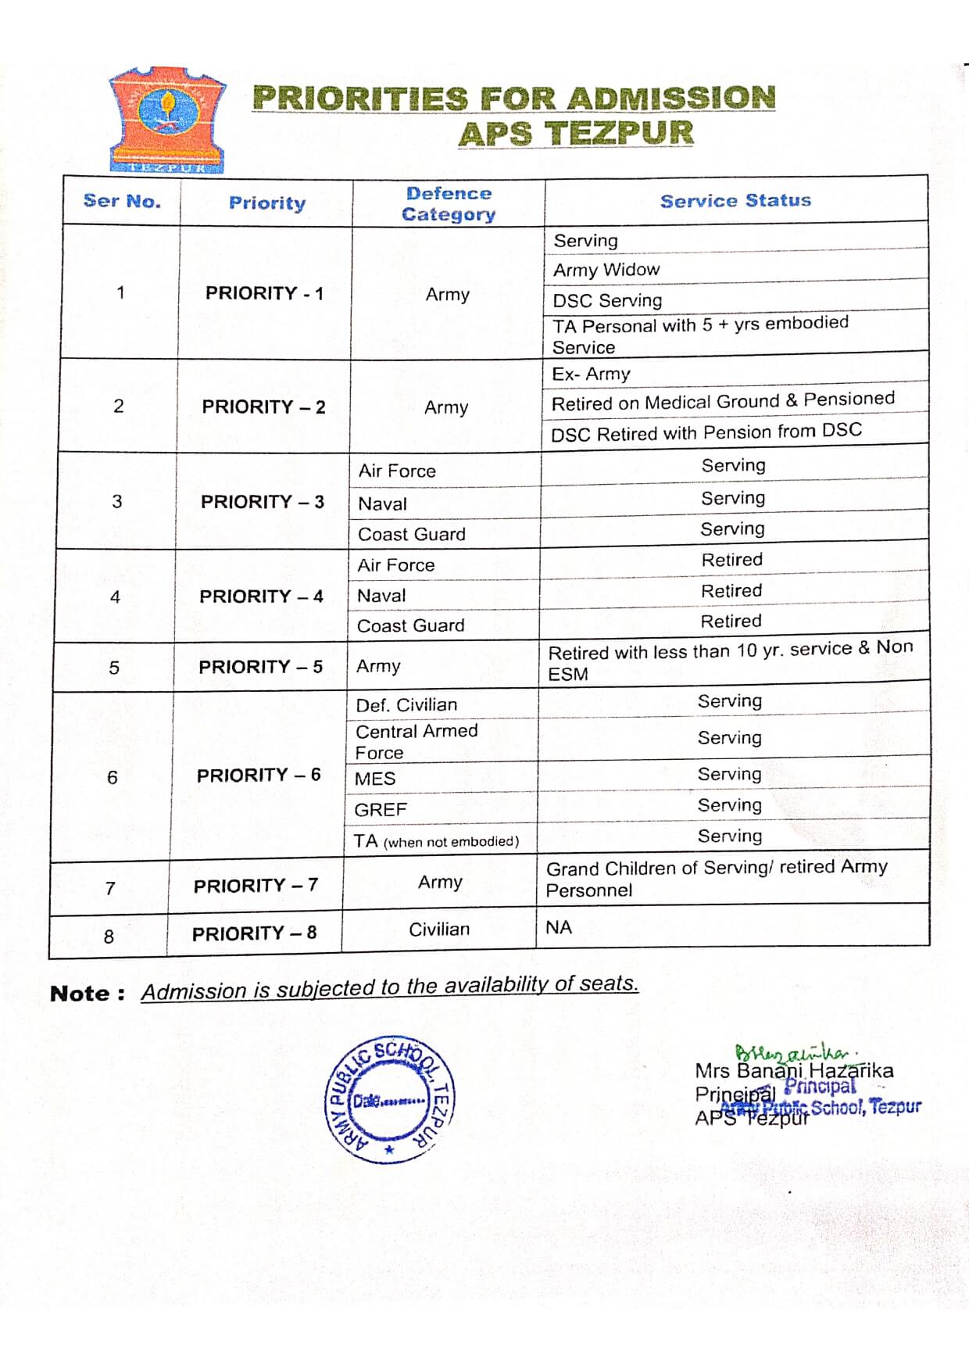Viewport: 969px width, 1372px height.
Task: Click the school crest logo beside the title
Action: [x=167, y=120]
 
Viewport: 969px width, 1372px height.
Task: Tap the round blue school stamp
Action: [x=389, y=1101]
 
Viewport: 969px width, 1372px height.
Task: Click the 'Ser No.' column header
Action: [x=122, y=201]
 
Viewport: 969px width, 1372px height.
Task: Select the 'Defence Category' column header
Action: [x=449, y=204]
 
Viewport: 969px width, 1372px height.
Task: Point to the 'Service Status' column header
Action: [x=735, y=201]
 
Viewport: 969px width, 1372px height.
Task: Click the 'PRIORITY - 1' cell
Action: [x=264, y=293]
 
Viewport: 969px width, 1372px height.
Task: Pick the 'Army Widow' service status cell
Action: [x=606, y=270]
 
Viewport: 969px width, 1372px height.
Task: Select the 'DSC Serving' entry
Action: [x=607, y=300]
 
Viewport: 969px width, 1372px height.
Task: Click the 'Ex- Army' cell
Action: [x=591, y=374]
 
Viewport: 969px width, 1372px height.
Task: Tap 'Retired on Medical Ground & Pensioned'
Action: [x=723, y=401]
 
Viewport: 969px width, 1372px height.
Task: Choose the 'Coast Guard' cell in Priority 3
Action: [x=412, y=534]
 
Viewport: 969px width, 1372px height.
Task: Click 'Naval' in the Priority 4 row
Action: [x=381, y=596]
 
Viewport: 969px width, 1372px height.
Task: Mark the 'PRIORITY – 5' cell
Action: [x=260, y=667]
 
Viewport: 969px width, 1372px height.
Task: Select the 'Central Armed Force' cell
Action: [x=416, y=741]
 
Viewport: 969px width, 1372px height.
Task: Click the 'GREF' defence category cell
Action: [x=381, y=809]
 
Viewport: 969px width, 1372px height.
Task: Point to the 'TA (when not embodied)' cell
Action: [x=436, y=841]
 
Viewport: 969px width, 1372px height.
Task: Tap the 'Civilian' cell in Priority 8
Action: [x=439, y=929]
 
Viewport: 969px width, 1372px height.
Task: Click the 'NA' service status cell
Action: [x=559, y=927]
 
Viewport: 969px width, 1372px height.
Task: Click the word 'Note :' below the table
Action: [x=87, y=994]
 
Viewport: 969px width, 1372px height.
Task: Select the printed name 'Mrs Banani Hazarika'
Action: [x=793, y=1070]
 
